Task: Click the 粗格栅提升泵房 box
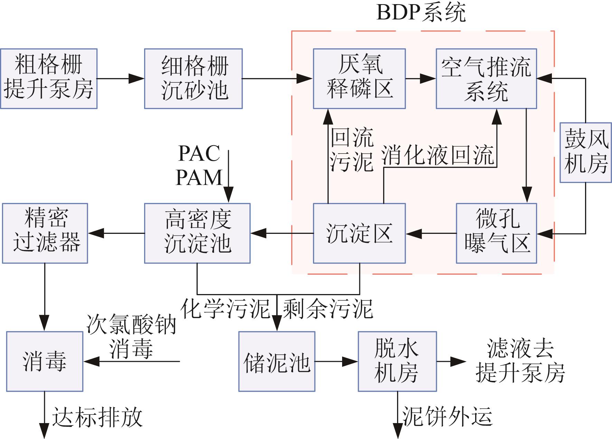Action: coord(49,79)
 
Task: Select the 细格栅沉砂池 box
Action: coord(193,79)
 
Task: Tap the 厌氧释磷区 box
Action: coord(359,79)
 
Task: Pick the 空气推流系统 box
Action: coord(486,79)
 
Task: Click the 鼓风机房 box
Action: coord(585,152)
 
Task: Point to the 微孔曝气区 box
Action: coord(496,233)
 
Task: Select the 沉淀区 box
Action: coord(359,233)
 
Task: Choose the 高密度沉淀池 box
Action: coord(197,233)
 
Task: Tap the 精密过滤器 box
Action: coord(45,233)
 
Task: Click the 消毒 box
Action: coord(45,362)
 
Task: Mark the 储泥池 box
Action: coord(277,362)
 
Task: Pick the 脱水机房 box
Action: coord(397,362)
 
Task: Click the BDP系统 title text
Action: coord(421,13)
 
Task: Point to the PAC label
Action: coord(199,153)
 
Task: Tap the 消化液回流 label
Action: coord(438,156)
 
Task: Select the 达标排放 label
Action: coord(97,417)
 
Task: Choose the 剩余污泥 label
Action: coord(328,309)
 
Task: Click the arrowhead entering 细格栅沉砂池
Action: coord(137,79)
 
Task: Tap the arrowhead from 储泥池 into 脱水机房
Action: coord(350,362)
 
